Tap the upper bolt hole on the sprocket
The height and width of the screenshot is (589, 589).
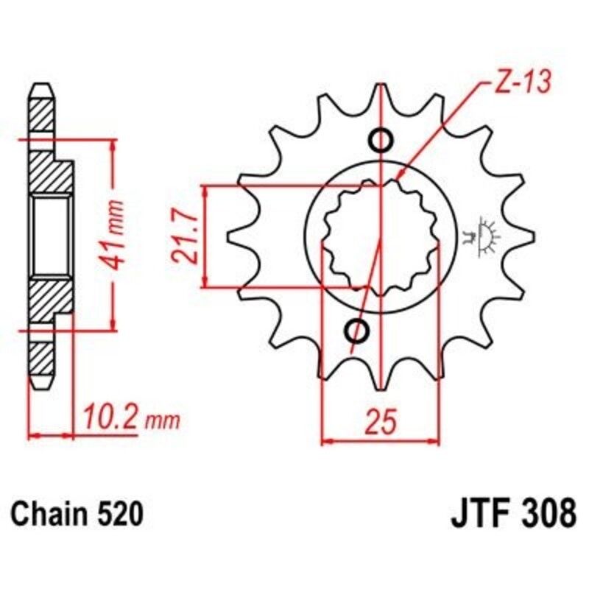(381, 139)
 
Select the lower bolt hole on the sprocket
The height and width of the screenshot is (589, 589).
(359, 331)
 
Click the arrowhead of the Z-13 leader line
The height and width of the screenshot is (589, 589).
(399, 177)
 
